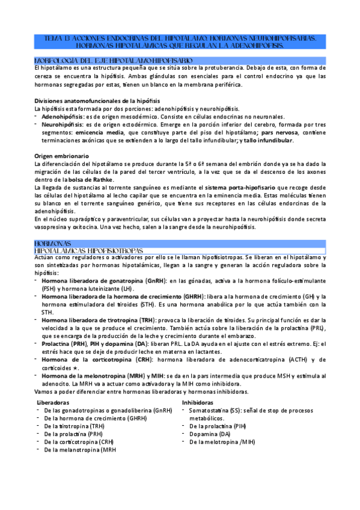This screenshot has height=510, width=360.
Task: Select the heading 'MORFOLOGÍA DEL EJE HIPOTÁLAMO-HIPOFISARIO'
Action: [114, 61]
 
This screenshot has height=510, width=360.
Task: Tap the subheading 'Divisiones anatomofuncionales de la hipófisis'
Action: [97, 100]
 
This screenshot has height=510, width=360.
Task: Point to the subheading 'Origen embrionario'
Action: [62, 156]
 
